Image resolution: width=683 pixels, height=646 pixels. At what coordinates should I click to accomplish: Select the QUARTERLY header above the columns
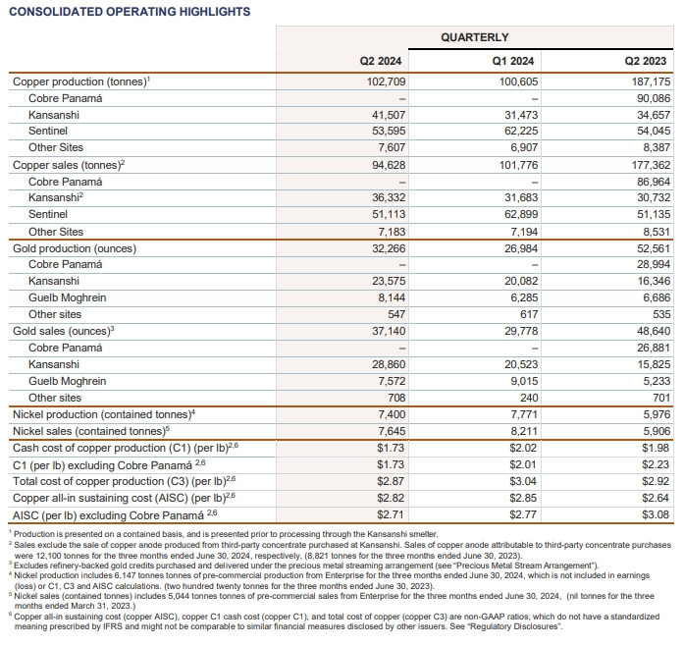point(475,37)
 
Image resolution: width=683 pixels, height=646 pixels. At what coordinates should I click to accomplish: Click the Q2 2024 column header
point(382,61)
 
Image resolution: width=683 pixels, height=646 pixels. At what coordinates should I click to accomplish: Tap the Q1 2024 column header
point(515,61)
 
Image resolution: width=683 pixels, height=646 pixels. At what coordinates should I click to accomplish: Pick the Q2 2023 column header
point(648,61)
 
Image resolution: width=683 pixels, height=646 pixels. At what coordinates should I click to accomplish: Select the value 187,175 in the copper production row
point(647,82)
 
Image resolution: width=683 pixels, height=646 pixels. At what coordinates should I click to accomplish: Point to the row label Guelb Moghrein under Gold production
point(68,297)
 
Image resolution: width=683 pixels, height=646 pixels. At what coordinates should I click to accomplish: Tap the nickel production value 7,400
point(387,414)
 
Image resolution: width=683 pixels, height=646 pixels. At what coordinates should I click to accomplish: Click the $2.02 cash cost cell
point(523,448)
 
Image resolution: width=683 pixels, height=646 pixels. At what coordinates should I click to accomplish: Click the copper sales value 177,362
point(647,166)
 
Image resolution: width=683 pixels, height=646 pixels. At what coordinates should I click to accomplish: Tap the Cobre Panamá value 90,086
point(651,99)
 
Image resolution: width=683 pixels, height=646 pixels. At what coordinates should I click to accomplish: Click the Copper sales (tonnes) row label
point(69,166)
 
